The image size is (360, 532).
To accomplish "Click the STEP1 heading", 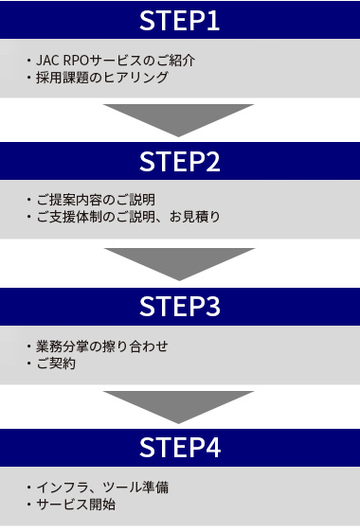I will point(180,20).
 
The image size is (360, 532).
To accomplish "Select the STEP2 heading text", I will point(180,162).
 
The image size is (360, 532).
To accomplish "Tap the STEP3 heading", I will point(180,307).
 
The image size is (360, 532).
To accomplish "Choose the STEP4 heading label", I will point(180,448).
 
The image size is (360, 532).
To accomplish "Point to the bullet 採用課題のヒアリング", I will point(102,78).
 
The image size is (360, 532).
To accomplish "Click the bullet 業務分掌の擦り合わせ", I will point(102,346).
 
